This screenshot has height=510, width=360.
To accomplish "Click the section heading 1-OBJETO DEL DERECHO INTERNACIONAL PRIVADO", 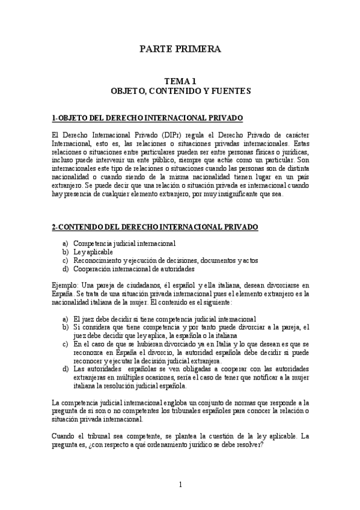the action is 147,118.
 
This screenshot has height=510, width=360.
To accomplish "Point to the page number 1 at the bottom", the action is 180,484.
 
